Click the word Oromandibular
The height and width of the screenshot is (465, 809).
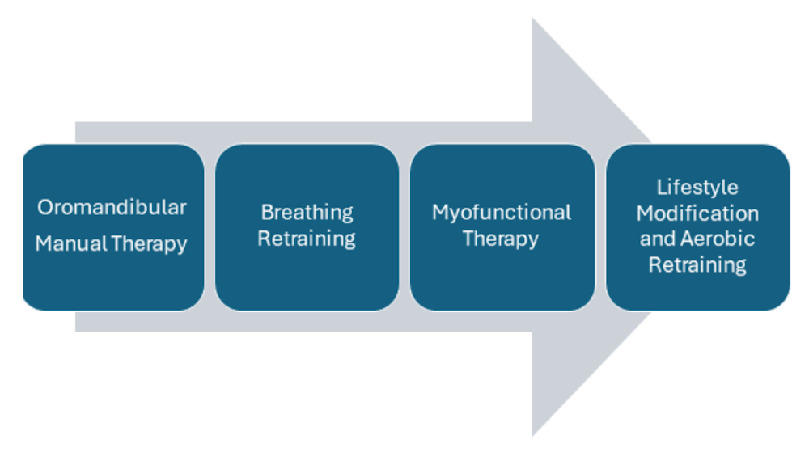coord(112,207)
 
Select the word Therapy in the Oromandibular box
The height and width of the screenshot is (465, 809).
coord(149,244)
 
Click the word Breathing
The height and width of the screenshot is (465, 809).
coord(307,213)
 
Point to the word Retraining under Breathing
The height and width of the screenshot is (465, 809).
coord(307,239)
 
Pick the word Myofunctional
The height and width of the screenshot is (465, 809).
coord(502,213)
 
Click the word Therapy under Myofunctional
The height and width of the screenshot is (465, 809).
coord(501,239)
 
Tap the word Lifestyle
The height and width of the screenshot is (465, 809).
coord(697,188)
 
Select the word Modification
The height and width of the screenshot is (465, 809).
coord(697,213)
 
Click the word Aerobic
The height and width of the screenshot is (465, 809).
coord(718,239)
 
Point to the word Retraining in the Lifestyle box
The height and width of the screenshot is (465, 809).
coord(697,265)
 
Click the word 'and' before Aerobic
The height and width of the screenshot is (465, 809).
coord(658,239)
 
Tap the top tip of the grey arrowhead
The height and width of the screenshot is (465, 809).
coord(532,18)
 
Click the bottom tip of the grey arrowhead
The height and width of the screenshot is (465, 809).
coord(532,436)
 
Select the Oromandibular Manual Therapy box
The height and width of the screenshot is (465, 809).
coord(113,227)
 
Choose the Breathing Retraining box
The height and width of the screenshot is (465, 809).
coord(307,227)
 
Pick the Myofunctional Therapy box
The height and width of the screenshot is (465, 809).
coord(502,227)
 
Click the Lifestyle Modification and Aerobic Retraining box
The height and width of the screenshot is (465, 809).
coord(698,227)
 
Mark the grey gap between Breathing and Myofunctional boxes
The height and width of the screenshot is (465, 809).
coord(404,227)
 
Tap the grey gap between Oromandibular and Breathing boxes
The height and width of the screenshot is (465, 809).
coord(210,227)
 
